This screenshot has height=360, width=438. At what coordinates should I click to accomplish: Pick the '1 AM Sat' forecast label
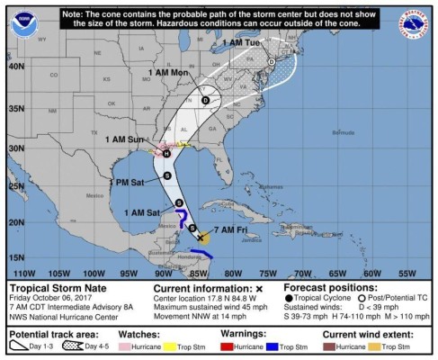coord(141,212)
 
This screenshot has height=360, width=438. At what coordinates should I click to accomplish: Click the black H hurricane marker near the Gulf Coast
coord(166,153)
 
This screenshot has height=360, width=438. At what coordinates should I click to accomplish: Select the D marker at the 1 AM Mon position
coord(206,100)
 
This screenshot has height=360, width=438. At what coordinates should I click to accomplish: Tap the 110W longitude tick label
coord(24,273)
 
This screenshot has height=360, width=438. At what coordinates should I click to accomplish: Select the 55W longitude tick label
coord(407,273)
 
